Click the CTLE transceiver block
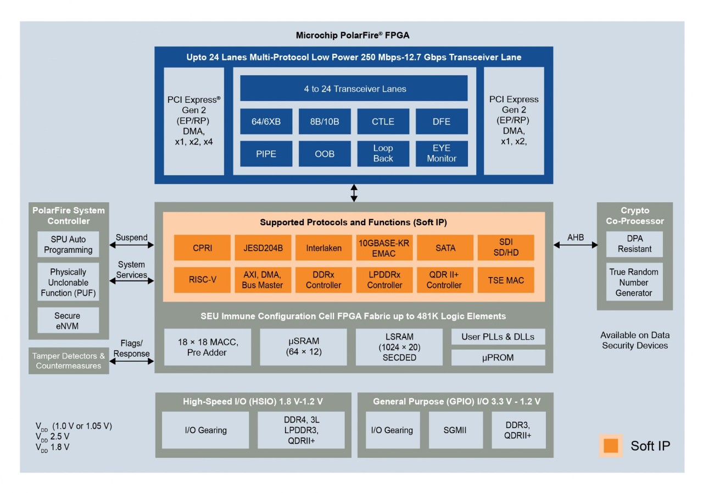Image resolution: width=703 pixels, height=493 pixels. [x=383, y=121]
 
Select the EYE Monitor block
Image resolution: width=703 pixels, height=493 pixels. [x=442, y=153]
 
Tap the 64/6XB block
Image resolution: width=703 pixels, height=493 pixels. [x=266, y=121]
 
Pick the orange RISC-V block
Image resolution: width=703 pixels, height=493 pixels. [x=202, y=280]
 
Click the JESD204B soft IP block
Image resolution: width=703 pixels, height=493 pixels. [x=263, y=248]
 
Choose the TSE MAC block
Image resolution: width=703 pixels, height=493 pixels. [x=505, y=280]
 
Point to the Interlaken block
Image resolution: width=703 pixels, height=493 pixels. [x=323, y=248]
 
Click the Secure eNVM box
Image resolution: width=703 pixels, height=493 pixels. [x=68, y=320]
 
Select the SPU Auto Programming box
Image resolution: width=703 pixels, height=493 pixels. [x=68, y=245]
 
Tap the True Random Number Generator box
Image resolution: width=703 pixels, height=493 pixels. [x=634, y=282]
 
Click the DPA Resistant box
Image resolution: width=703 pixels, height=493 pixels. [x=634, y=244]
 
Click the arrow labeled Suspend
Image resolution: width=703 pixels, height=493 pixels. [x=132, y=246]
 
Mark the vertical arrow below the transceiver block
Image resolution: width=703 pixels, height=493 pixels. [x=354, y=193]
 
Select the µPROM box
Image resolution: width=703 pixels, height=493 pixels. [x=498, y=358]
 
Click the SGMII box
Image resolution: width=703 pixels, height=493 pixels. [x=454, y=430]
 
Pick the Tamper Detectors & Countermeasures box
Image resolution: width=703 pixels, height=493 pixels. [x=69, y=361]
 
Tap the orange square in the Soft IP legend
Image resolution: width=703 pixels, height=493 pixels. [x=611, y=445]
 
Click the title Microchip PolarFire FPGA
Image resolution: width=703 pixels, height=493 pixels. [x=353, y=36]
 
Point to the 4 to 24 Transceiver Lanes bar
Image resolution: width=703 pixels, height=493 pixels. [x=354, y=88]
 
